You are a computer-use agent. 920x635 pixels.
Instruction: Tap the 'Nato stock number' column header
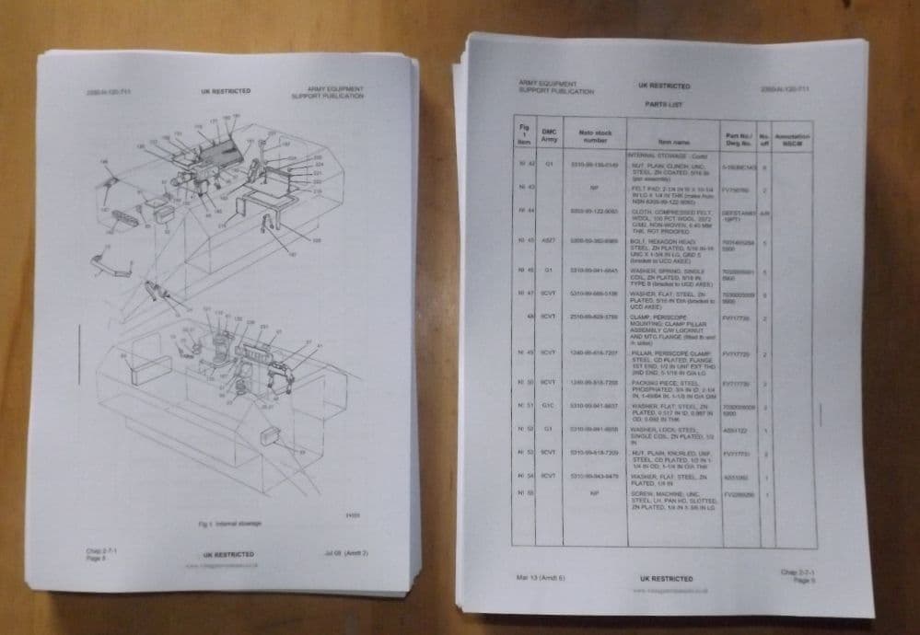[596, 137]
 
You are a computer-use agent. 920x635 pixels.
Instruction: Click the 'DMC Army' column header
[550, 136]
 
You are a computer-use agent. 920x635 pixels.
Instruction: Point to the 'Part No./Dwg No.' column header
[739, 139]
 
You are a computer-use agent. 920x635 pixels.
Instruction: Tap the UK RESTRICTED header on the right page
[663, 87]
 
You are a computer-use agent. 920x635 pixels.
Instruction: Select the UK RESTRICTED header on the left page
[226, 92]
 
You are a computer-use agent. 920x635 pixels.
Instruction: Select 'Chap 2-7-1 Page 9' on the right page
[797, 577]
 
